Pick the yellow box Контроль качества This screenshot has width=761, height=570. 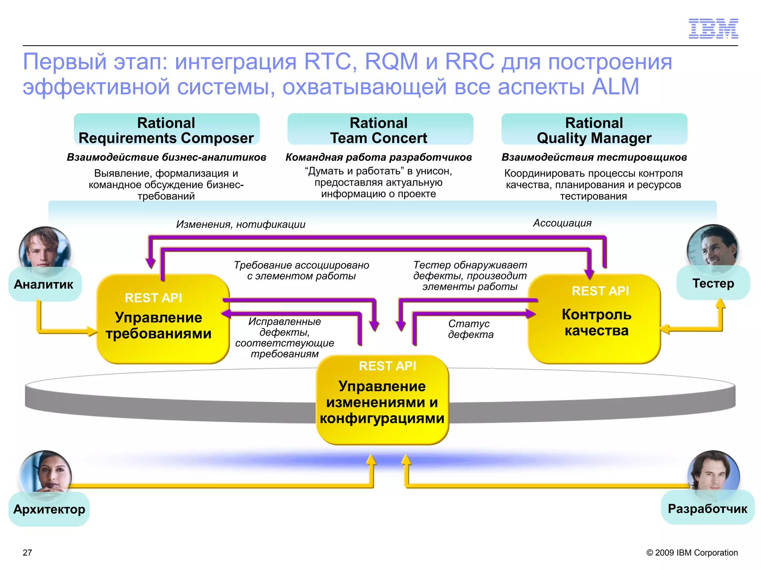coord(595,319)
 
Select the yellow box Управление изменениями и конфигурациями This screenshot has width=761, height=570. coord(382,401)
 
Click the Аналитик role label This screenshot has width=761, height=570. coord(44,284)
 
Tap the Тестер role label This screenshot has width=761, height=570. coord(713,283)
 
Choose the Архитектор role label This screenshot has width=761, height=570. coord(49,509)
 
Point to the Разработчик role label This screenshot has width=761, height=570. coord(707,508)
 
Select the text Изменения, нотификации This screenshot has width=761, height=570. coord(240,224)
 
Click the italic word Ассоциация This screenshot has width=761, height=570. coord(562,223)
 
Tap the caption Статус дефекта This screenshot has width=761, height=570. coord(470,329)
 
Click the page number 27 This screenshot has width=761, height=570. coord(27,553)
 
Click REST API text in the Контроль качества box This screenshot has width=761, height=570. coord(600,291)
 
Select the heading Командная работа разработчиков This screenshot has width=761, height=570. coord(378,157)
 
